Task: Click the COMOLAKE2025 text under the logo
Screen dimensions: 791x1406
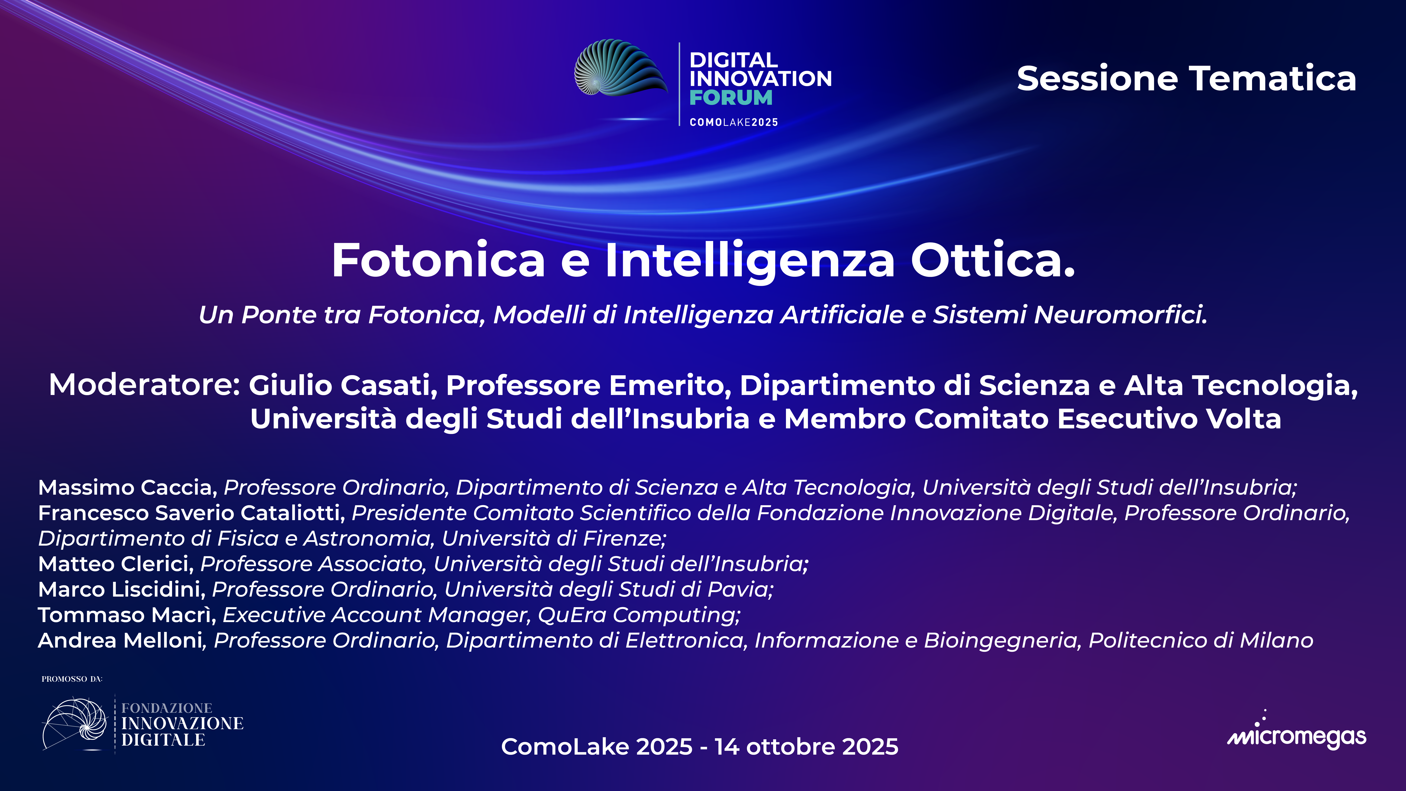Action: pyautogui.click(x=734, y=122)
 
